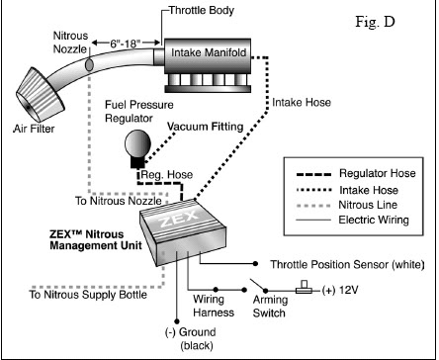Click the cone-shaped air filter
(41, 95)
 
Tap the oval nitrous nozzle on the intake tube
(89, 64)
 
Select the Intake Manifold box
(208, 56)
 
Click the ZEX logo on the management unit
(180, 218)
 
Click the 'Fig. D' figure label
(375, 22)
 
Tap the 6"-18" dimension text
(126, 44)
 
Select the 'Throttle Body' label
(202, 10)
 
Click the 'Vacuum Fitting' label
(206, 127)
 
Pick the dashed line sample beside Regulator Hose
(313, 174)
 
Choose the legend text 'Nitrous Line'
(368, 205)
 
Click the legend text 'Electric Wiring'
(374, 220)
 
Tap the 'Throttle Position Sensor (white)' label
(347, 264)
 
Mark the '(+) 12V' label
(340, 290)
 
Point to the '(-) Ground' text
(191, 332)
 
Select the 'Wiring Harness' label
(214, 306)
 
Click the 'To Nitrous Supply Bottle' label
(88, 295)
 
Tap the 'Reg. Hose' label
(167, 175)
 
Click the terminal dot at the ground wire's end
(177, 321)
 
